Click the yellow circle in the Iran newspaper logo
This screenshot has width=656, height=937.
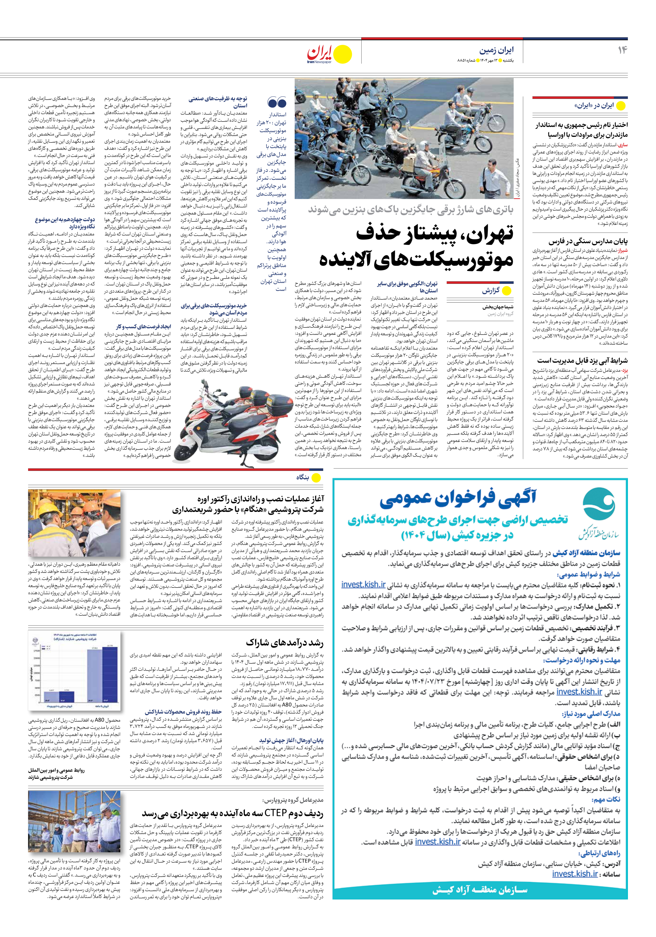(343, 54)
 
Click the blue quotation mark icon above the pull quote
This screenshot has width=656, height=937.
(276, 102)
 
